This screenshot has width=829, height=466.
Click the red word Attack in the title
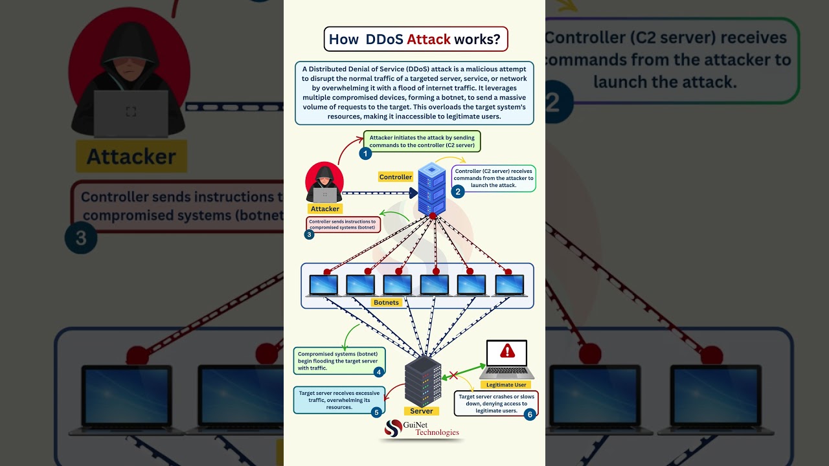428,39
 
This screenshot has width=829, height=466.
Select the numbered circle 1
365,153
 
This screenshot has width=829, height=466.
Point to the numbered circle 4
379,372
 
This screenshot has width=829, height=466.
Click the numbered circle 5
376,412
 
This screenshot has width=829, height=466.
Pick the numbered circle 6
530,414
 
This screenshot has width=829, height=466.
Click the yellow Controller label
395,177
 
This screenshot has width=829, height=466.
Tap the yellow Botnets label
387,302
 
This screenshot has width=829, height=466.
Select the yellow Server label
421,411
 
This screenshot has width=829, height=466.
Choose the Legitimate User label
506,384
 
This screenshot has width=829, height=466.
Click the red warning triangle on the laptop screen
507,351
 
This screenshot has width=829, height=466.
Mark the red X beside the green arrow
453,375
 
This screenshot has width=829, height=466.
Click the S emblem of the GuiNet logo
393,428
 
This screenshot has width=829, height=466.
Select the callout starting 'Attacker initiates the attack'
422,142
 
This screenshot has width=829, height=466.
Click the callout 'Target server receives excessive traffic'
339,399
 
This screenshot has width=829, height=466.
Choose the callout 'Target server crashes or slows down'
495,403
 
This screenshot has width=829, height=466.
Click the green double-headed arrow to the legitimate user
464,372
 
